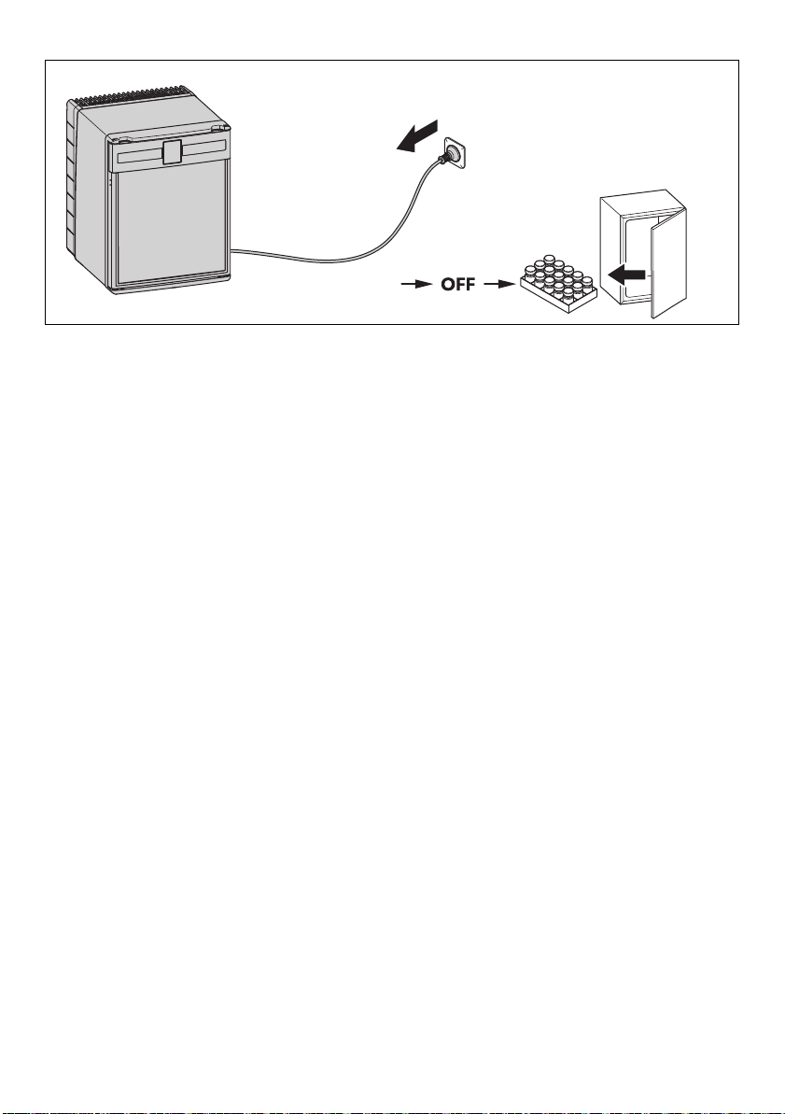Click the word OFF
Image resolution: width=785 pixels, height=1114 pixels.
(x=458, y=285)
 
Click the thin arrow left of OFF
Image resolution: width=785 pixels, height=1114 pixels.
(x=417, y=285)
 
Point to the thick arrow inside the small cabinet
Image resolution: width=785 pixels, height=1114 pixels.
(x=625, y=275)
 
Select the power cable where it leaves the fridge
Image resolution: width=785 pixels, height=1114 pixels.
(x=242, y=251)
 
